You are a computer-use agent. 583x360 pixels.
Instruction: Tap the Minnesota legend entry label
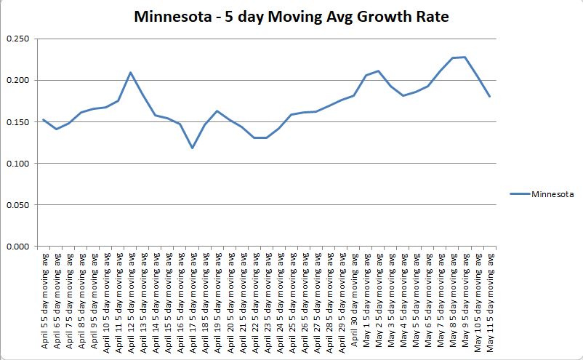click(x=553, y=194)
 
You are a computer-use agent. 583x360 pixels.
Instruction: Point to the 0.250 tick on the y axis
click(x=17, y=39)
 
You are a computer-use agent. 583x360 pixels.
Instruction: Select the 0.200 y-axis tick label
click(x=17, y=80)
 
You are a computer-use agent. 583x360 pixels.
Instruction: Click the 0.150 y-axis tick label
click(x=17, y=121)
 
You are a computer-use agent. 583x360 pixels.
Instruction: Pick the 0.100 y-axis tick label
click(x=17, y=163)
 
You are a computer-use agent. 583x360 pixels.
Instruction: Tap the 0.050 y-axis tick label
click(x=17, y=204)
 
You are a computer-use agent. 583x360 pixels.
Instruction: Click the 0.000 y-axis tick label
click(x=17, y=246)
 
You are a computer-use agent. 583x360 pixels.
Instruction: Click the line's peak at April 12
click(x=130, y=72)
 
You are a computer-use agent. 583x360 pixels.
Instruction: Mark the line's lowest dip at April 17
click(x=192, y=148)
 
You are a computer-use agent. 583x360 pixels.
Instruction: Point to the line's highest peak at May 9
click(x=465, y=57)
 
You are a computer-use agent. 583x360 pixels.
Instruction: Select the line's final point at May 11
click(x=490, y=96)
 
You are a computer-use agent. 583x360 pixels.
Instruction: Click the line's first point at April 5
click(x=43, y=119)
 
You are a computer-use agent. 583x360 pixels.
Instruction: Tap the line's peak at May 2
click(x=378, y=71)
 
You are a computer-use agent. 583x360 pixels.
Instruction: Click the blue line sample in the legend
click(x=520, y=194)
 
